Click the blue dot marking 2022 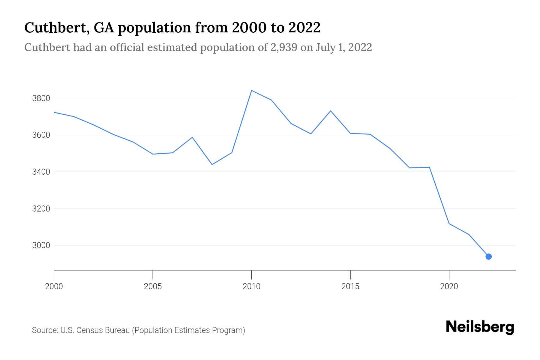pos(488,256)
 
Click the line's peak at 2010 pos(251,90)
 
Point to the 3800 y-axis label pos(41,98)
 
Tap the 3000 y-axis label pos(41,245)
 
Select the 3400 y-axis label pos(41,172)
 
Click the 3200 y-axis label pos(41,209)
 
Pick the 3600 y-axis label pos(41,135)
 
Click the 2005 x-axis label pos(153,286)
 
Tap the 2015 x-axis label pos(350,286)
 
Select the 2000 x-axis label pos(54,286)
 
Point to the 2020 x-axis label pos(449,286)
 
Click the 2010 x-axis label pos(251,286)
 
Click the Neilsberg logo pos(480,327)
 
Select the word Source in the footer pos(44,330)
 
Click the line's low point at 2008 pos(212,164)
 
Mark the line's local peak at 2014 pos(331,111)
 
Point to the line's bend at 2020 pos(449,223)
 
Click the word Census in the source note pos(88,330)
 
